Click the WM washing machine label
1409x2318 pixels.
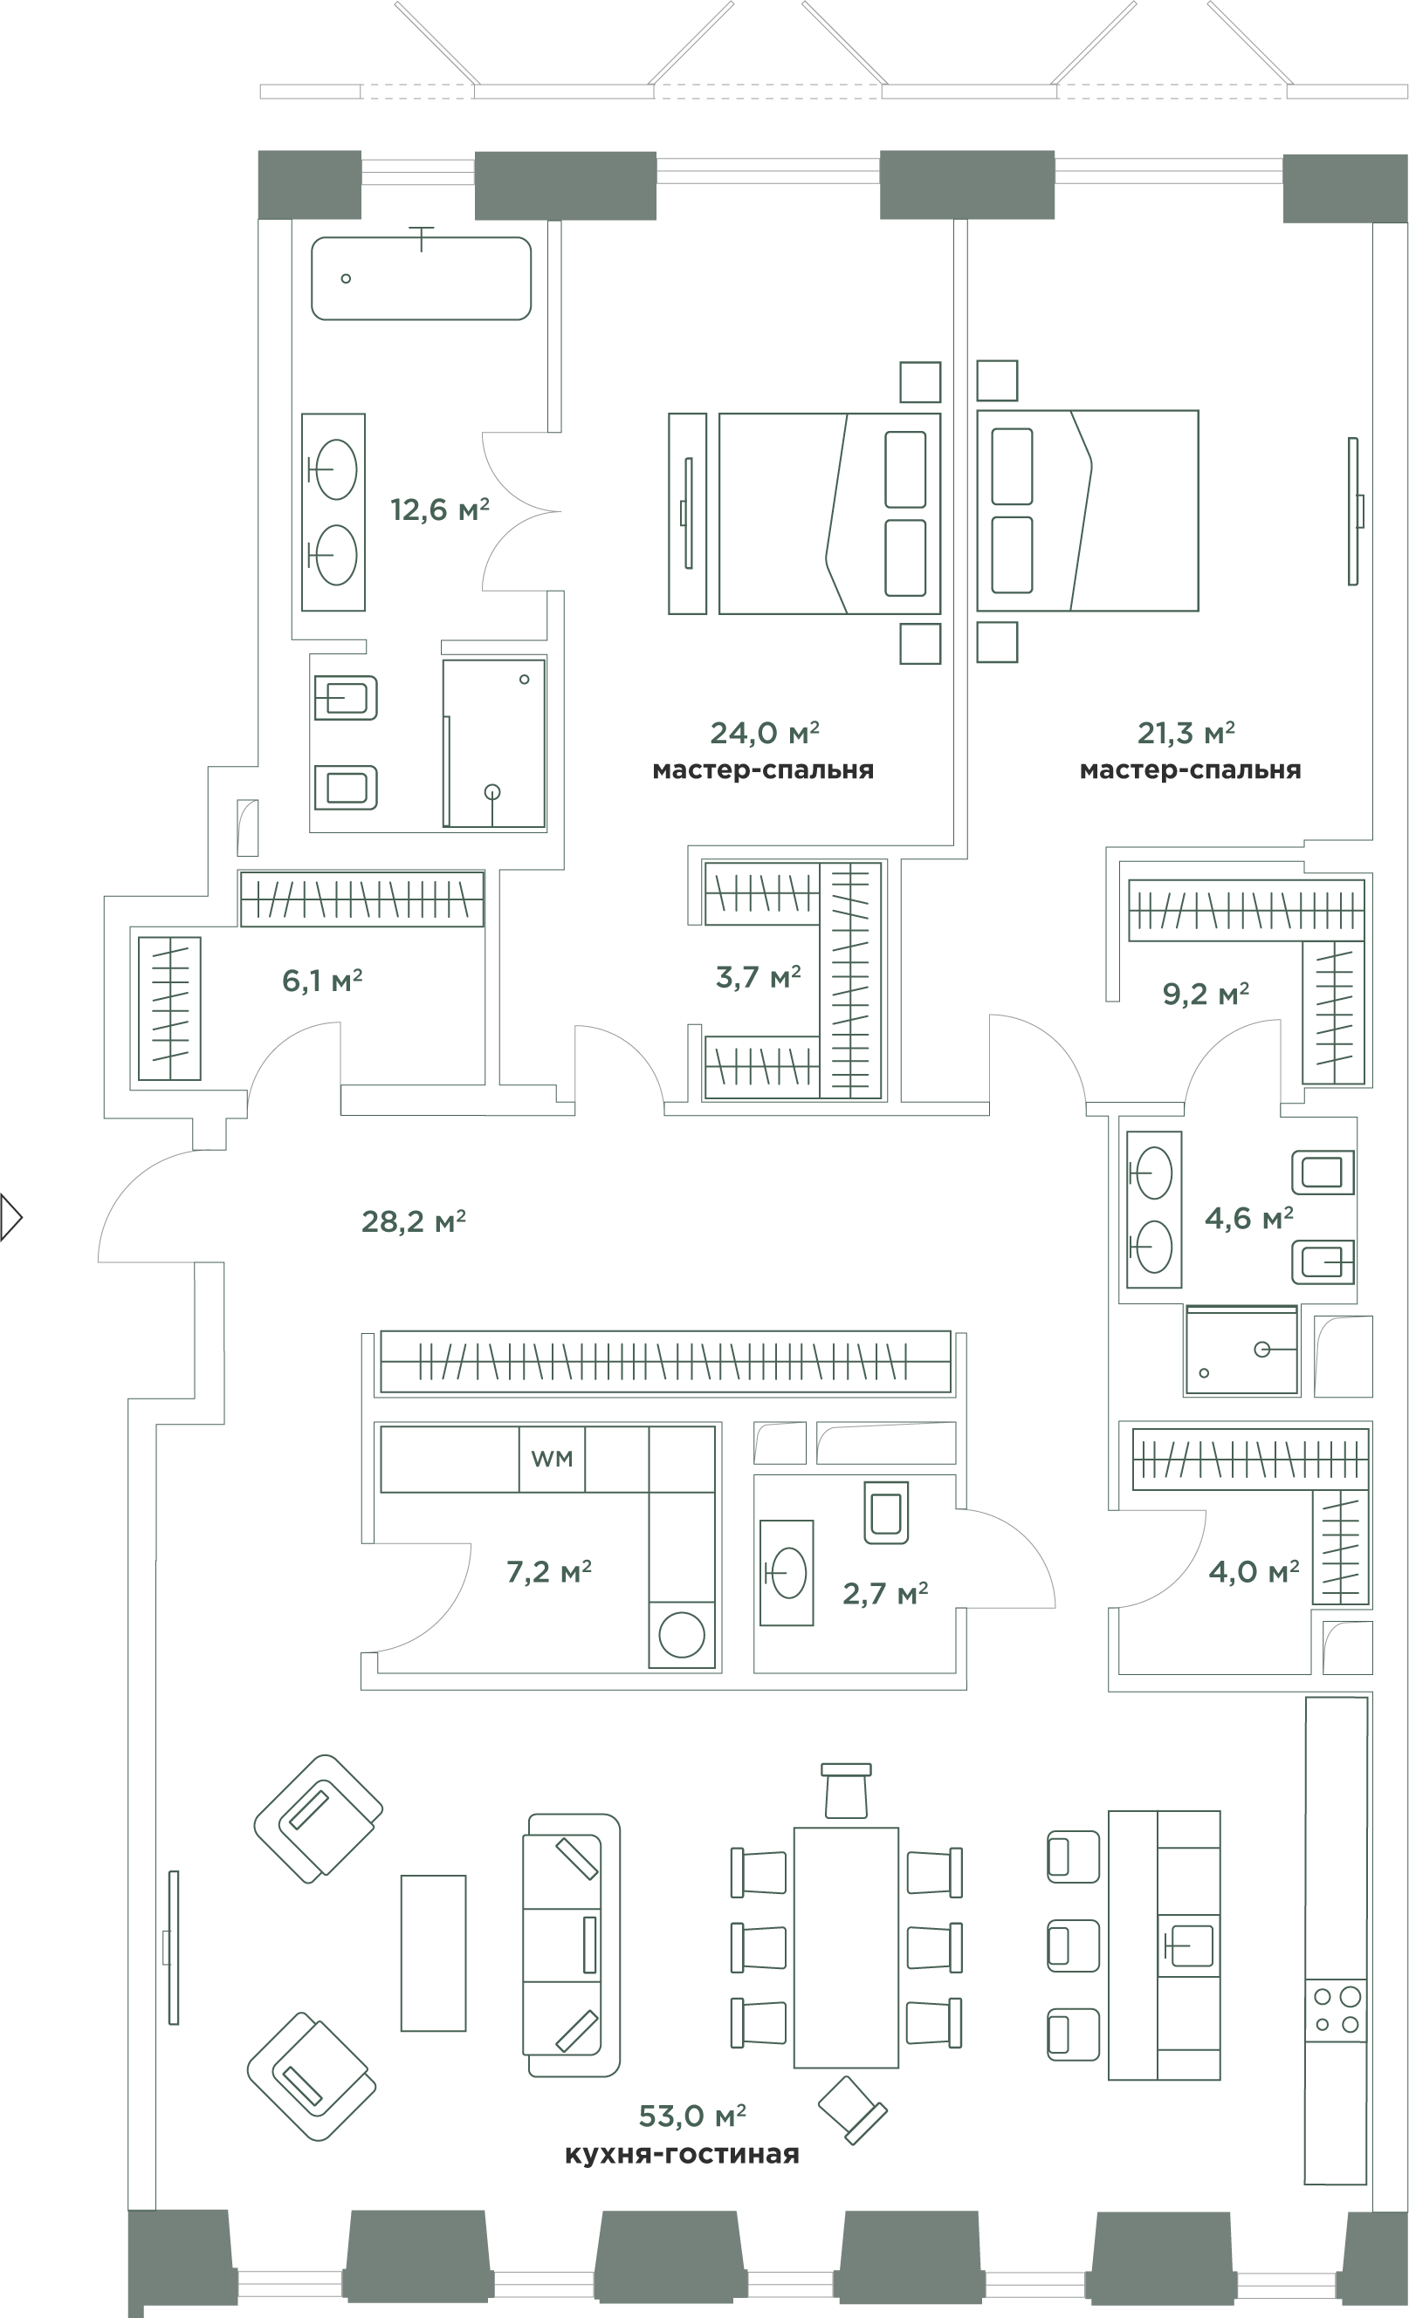pyautogui.click(x=552, y=1458)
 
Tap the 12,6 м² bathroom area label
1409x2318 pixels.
pyautogui.click(x=439, y=509)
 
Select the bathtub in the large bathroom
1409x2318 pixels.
pyautogui.click(x=421, y=277)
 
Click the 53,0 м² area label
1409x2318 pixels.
pyautogui.click(x=691, y=2116)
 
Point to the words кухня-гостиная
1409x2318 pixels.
pyautogui.click(x=682, y=2154)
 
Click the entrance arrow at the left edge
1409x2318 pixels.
pyautogui.click(x=11, y=1217)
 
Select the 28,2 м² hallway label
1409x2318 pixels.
pyautogui.click(x=413, y=1221)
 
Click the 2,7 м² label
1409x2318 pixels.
pyautogui.click(x=884, y=1594)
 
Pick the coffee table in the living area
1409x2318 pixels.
pyautogui.click(x=433, y=1953)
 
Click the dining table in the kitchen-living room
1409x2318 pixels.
pyautogui.click(x=845, y=1946)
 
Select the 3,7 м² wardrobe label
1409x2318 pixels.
pyautogui.click(x=758, y=977)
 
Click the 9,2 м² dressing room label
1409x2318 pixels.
pyautogui.click(x=1206, y=994)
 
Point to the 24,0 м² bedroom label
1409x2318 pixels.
pyautogui.click(x=764, y=732)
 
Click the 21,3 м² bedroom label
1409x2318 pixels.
pyautogui.click(x=1186, y=732)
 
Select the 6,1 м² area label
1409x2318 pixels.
pyautogui.click(x=322, y=981)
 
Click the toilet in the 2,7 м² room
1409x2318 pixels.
pyautogui.click(x=886, y=1513)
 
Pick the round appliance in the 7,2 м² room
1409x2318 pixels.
pyautogui.click(x=682, y=1635)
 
